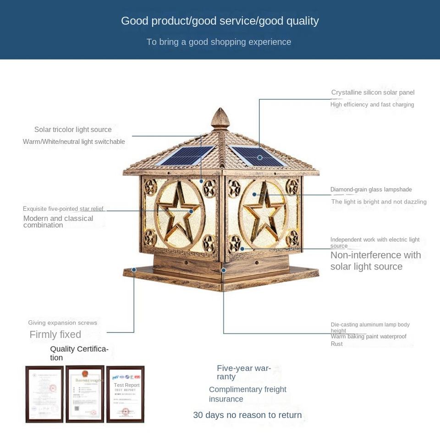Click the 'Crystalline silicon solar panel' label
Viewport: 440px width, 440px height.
(373, 93)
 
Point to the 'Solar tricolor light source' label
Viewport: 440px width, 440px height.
(73, 130)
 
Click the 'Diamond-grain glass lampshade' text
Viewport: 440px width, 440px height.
(371, 190)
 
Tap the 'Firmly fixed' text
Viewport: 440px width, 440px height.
(55, 335)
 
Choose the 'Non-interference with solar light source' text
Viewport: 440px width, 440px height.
(375, 261)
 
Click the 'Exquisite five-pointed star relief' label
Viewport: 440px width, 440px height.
(63, 209)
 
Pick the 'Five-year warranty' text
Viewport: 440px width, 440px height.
(243, 372)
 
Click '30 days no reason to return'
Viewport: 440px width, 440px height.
(247, 415)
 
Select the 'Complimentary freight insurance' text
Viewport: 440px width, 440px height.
(247, 394)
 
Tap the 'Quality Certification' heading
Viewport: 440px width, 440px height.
(79, 353)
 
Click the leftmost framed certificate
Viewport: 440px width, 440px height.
(44, 394)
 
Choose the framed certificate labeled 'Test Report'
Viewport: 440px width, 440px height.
(125, 394)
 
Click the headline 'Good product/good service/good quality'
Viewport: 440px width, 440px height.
(220, 21)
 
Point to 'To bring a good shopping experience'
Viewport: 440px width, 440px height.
(219, 42)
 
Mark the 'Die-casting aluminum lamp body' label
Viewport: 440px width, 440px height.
(370, 325)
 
